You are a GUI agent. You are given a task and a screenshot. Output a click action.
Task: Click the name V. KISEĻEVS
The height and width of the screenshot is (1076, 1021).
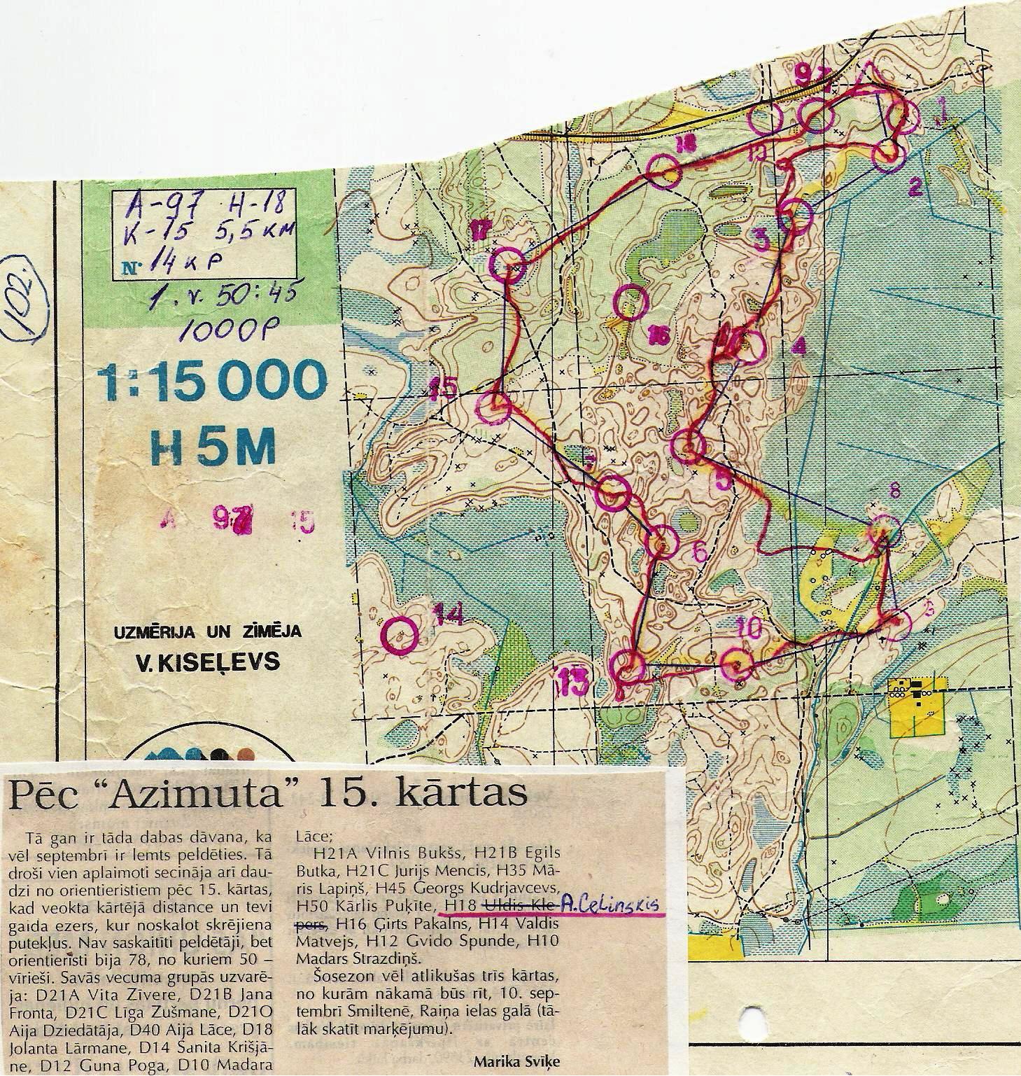[208, 662]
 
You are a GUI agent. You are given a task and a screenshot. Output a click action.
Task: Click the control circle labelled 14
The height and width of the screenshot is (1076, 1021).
[402, 634]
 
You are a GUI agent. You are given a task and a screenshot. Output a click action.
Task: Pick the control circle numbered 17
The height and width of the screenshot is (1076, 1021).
[507, 264]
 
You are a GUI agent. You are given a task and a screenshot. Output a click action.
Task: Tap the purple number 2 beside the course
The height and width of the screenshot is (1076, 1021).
[915, 187]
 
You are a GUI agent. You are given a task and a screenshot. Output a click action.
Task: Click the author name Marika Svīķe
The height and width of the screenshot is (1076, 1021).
[517, 1060]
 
